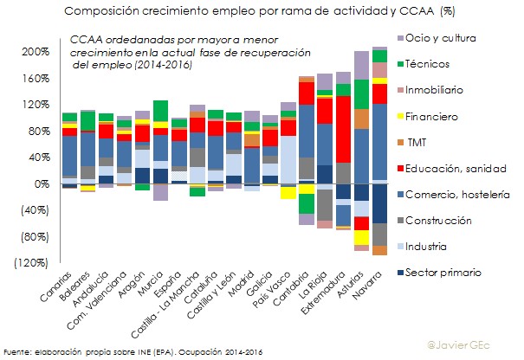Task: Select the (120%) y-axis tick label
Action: pyautogui.click(x=29, y=263)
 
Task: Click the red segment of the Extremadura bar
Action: pyautogui.click(x=343, y=130)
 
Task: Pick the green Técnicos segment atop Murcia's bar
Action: pyautogui.click(x=160, y=111)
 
